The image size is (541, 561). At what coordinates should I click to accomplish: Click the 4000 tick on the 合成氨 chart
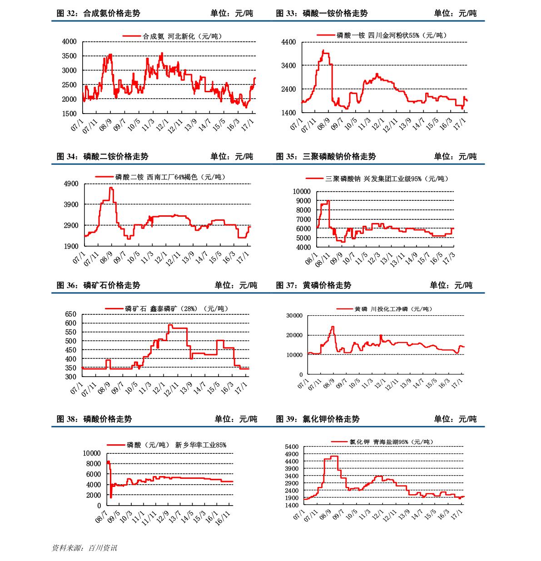(x=69, y=42)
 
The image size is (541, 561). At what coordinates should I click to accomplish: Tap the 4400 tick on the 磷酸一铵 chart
(x=288, y=42)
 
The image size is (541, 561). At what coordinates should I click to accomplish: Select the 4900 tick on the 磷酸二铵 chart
(x=71, y=184)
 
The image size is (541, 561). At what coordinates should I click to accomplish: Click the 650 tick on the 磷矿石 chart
(x=71, y=314)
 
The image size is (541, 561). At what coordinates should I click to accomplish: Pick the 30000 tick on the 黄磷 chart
(x=294, y=315)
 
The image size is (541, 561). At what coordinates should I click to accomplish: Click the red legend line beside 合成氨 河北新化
(x=132, y=36)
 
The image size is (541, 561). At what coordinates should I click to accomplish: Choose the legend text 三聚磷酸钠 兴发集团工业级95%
(x=387, y=179)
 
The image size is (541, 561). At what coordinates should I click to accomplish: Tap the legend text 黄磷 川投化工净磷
(x=393, y=309)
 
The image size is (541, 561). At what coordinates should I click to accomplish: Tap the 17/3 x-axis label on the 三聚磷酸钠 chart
(x=449, y=258)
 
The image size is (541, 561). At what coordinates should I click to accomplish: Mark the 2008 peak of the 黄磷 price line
(x=333, y=327)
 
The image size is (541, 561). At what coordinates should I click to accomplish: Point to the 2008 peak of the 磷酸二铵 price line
(x=111, y=188)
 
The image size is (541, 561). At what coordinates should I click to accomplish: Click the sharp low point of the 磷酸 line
(x=111, y=497)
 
